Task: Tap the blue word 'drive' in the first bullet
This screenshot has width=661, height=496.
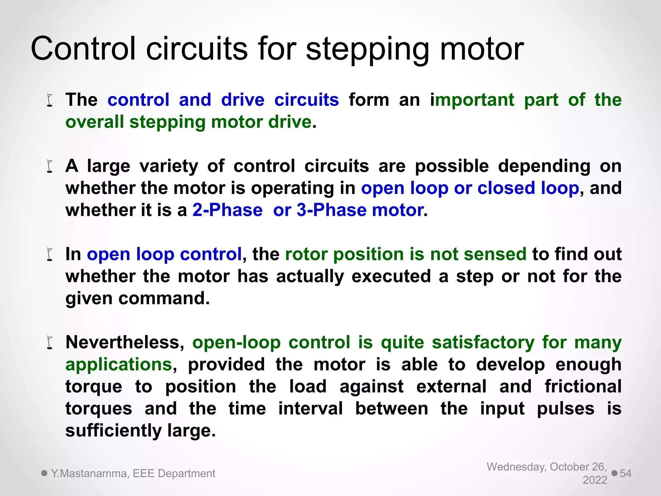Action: click(x=243, y=99)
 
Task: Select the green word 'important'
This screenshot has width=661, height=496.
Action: click(x=472, y=99)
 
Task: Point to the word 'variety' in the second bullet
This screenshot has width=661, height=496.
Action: click(x=169, y=166)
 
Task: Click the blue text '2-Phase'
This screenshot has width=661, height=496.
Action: click(x=228, y=210)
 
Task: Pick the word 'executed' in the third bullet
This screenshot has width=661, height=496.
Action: click(x=391, y=276)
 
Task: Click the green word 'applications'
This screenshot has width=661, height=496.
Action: click(x=119, y=365)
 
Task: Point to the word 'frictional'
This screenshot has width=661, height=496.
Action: click(x=583, y=387)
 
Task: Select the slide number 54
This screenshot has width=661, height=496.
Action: click(x=625, y=473)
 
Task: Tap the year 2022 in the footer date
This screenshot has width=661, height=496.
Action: click(x=595, y=480)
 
